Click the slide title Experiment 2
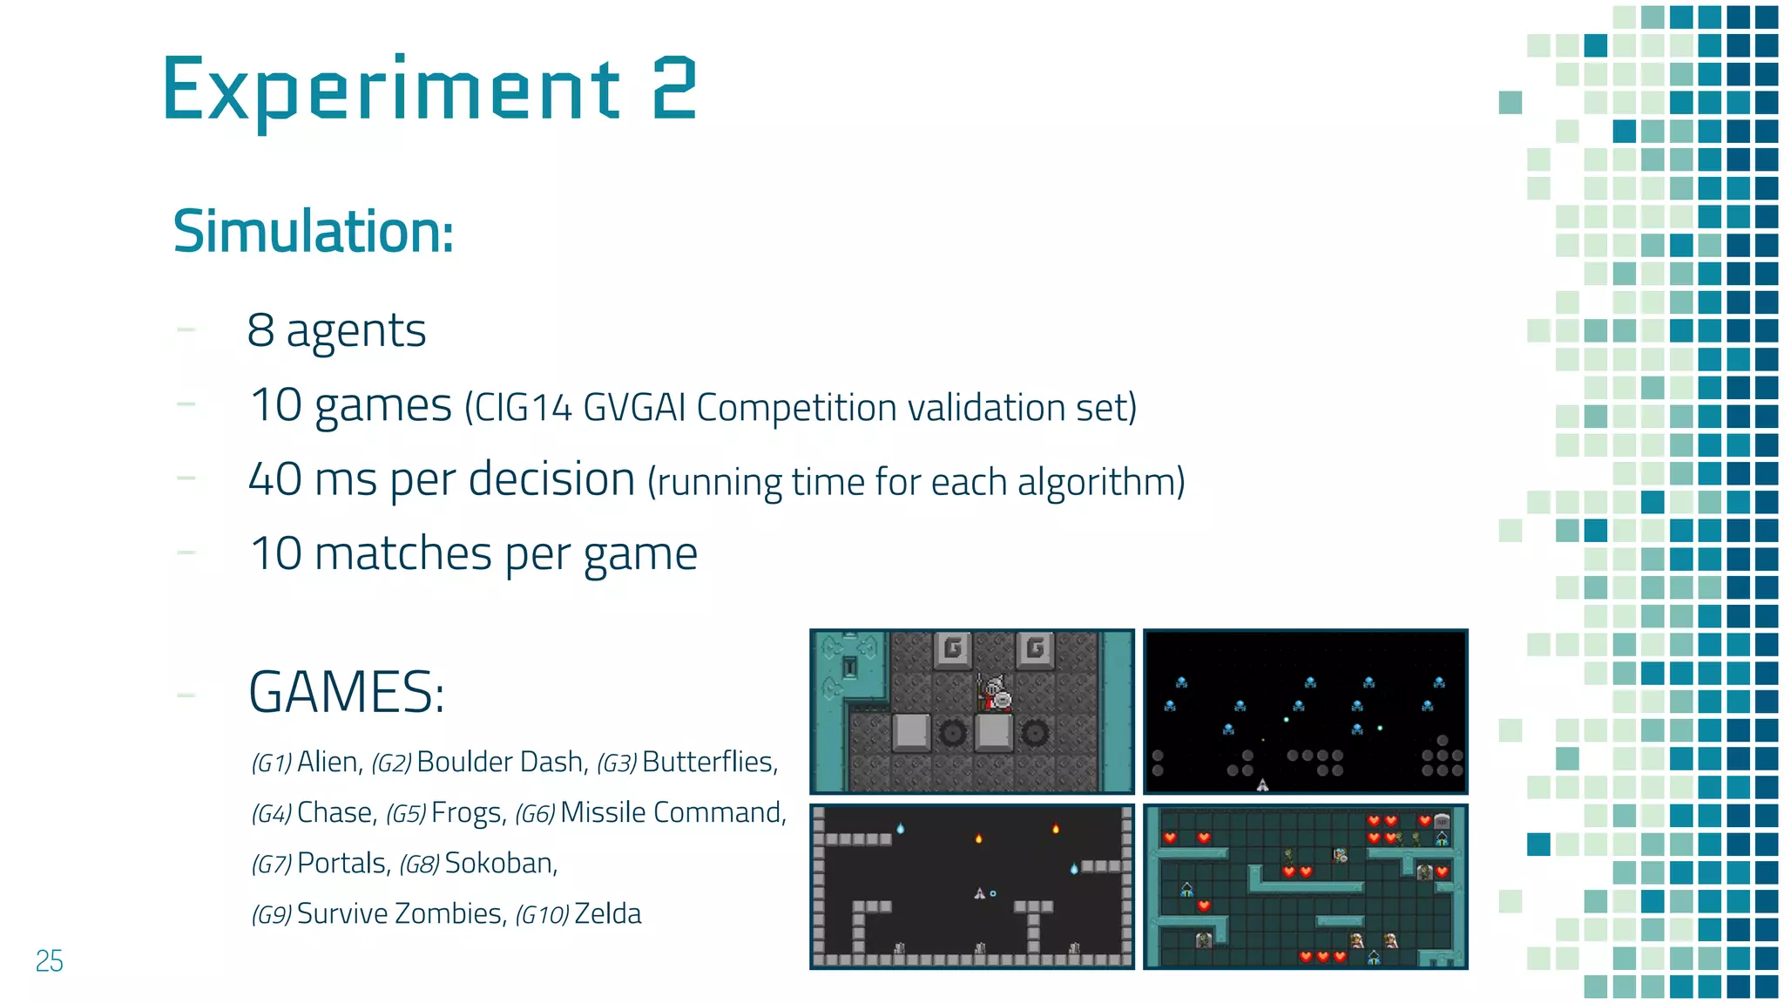[429, 89]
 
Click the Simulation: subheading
[314, 232]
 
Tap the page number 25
[49, 960]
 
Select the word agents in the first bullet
[355, 332]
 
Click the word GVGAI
[634, 408]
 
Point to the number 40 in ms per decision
[275, 479]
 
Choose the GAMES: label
[347, 693]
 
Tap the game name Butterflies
[709, 762]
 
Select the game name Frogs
[468, 812]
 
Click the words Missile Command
[672, 812]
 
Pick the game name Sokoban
[500, 863]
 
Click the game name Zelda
[608, 913]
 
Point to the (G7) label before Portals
[271, 865]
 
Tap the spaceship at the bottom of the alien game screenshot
[1262, 784]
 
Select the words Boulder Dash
[500, 762]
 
